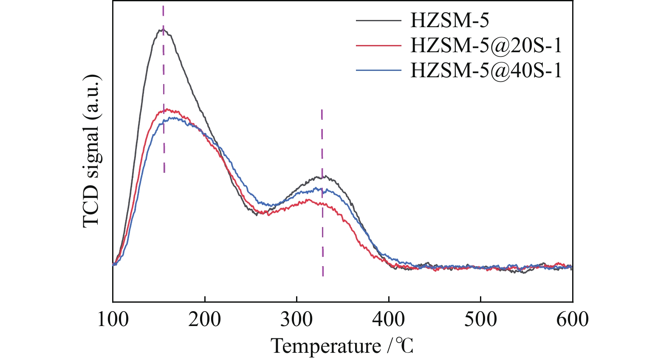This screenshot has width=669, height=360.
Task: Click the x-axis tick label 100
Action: [113, 319]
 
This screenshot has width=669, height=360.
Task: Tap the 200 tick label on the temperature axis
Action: [205, 319]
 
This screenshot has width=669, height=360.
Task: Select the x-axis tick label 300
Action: [296, 319]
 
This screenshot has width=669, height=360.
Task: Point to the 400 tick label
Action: [389, 319]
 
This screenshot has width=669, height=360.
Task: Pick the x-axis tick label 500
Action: [480, 319]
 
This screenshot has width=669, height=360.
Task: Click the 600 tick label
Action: [573, 319]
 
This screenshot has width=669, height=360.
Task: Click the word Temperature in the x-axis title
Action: [326, 346]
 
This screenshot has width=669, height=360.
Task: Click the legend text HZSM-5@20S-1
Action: [486, 45]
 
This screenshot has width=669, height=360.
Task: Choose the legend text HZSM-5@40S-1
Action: [486, 70]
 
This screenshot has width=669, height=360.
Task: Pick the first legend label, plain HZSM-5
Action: [449, 20]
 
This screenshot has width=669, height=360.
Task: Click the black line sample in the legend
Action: [378, 20]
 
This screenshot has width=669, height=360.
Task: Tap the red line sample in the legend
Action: [378, 45]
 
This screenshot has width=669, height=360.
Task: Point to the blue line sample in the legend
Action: [378, 70]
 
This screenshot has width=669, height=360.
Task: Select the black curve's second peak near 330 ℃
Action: [324, 176]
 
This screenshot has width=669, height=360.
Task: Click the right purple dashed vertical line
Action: [322, 238]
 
